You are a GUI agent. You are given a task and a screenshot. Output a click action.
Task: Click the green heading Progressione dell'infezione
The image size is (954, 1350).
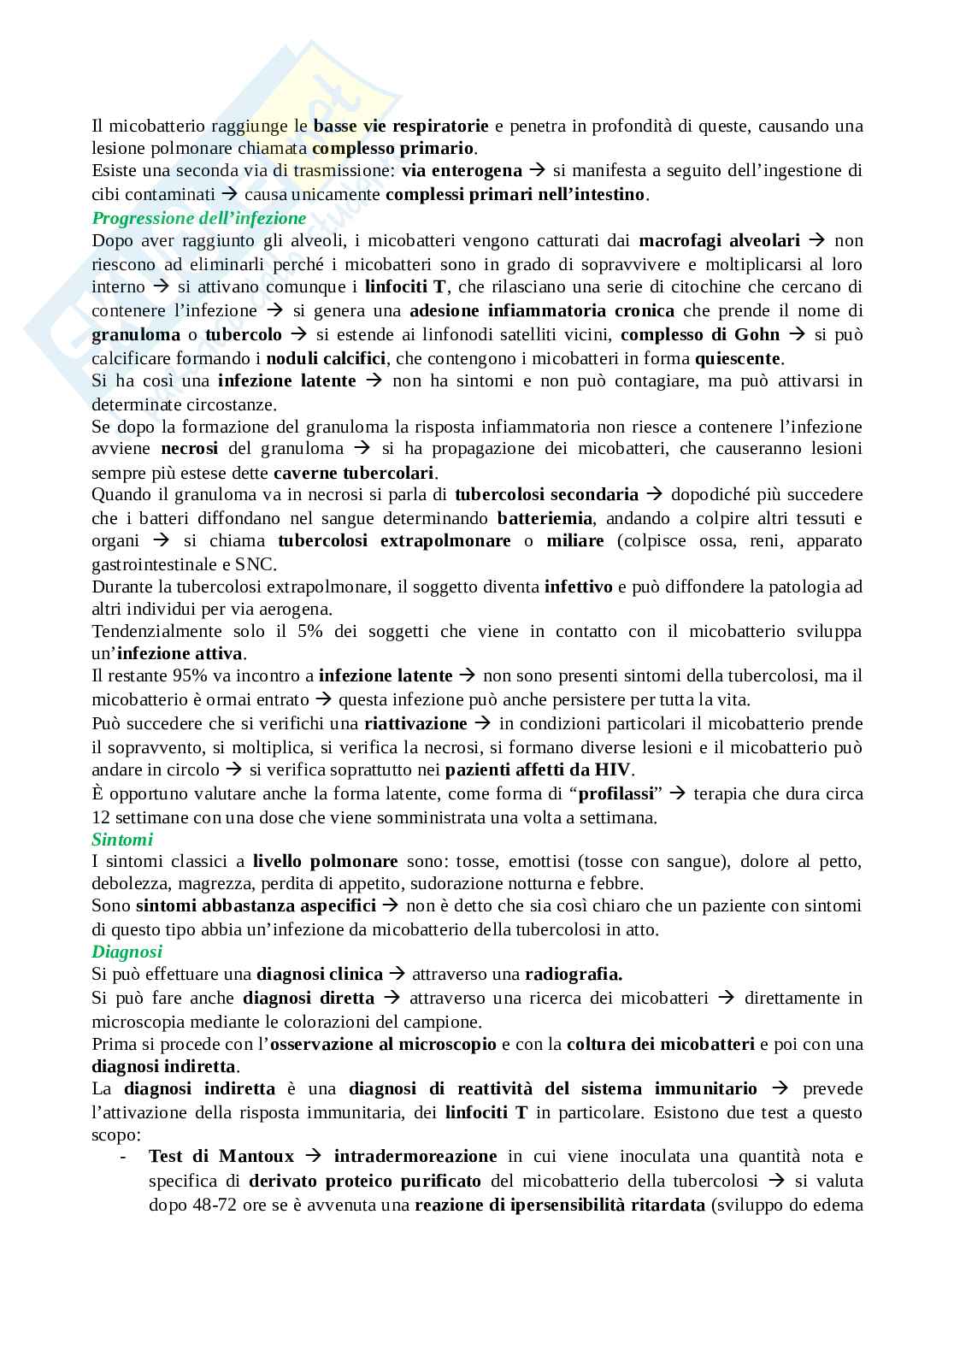[x=198, y=218]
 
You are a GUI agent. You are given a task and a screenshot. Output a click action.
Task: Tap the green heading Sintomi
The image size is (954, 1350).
[x=122, y=840]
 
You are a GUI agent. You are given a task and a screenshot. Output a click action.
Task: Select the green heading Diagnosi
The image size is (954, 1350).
[x=127, y=951]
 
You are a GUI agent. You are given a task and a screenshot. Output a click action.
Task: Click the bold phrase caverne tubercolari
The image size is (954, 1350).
[x=354, y=473]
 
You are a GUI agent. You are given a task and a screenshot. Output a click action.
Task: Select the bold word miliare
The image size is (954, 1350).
[x=575, y=540]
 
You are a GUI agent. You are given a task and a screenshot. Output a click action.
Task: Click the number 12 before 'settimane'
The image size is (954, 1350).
[x=101, y=817]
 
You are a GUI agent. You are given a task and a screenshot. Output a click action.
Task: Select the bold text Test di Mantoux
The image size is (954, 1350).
[x=221, y=1157]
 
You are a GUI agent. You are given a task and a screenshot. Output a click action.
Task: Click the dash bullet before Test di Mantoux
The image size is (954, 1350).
[x=124, y=1157]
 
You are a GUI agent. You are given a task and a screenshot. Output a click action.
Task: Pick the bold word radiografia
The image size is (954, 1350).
[x=573, y=974]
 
